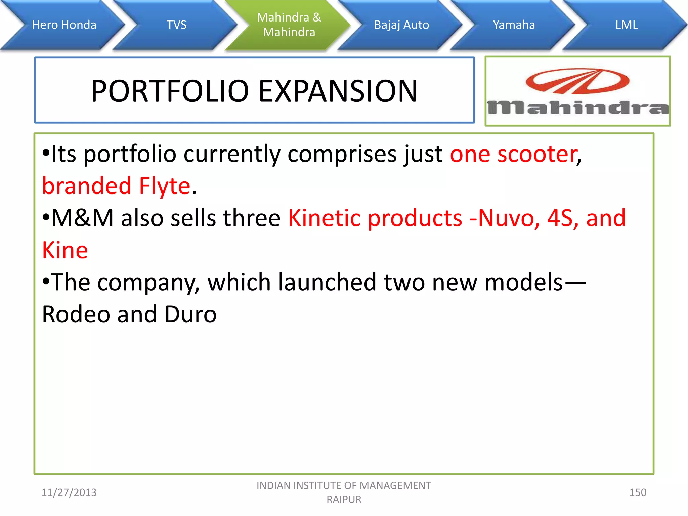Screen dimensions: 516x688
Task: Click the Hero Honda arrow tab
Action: (x=64, y=25)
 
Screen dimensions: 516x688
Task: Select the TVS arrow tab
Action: (x=176, y=25)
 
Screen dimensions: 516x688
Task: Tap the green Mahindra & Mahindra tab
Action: (x=289, y=25)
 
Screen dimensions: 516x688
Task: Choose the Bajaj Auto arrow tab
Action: (x=401, y=25)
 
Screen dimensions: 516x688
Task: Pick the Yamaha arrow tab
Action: (x=514, y=25)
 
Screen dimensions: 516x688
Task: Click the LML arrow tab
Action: (x=626, y=25)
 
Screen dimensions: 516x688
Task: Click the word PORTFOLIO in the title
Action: (x=170, y=91)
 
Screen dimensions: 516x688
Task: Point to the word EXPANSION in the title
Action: (x=338, y=91)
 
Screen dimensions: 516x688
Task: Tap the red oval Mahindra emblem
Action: (x=577, y=81)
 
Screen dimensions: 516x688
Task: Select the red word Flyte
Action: (x=165, y=186)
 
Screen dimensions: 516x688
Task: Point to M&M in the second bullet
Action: (x=82, y=218)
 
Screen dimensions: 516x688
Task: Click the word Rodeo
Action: (x=76, y=314)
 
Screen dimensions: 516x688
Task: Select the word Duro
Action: (x=190, y=314)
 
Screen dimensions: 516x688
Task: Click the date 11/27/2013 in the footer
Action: (x=69, y=492)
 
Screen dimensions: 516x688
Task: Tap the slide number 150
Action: (x=637, y=492)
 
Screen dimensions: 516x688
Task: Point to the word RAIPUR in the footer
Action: (x=344, y=500)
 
